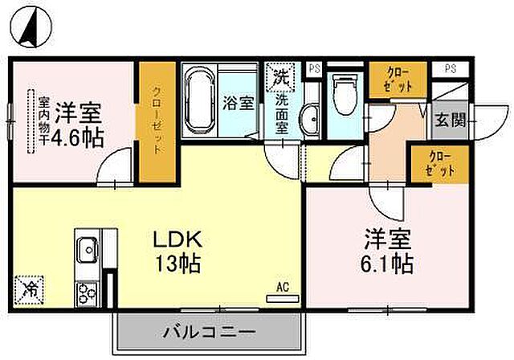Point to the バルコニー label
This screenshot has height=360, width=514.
click(210, 331)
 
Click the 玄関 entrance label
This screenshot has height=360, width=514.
click(450, 121)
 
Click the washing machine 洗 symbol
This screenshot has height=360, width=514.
click(282, 77)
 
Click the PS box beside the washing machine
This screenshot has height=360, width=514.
click(314, 69)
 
